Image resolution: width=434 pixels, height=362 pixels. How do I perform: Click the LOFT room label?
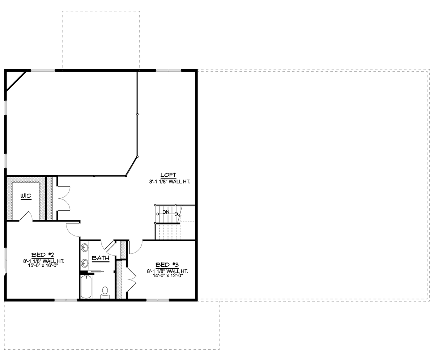tap(168, 175)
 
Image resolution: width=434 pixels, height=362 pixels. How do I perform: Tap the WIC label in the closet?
tap(26, 196)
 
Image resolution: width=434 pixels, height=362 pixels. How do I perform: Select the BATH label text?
tap(101, 258)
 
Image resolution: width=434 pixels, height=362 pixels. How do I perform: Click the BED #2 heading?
tap(43, 255)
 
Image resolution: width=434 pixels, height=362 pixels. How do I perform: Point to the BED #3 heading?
tap(167, 265)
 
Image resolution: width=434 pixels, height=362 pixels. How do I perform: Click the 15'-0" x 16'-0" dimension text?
tap(43, 265)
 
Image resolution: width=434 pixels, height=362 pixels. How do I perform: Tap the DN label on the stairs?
tap(166, 212)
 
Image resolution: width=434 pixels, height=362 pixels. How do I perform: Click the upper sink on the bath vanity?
tap(84, 248)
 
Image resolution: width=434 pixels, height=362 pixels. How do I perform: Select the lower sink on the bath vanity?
tap(84, 263)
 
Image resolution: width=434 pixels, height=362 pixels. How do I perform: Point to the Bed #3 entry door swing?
tap(136, 247)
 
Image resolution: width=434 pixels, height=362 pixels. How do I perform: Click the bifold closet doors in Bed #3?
tap(131, 279)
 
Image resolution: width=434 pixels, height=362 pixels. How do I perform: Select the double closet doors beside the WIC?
tap(64, 199)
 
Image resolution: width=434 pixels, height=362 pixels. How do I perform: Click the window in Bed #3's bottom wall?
tap(158, 300)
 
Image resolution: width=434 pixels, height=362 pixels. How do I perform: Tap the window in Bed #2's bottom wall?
tap(66, 300)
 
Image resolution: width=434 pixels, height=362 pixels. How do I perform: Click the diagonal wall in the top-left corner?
tap(16, 81)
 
